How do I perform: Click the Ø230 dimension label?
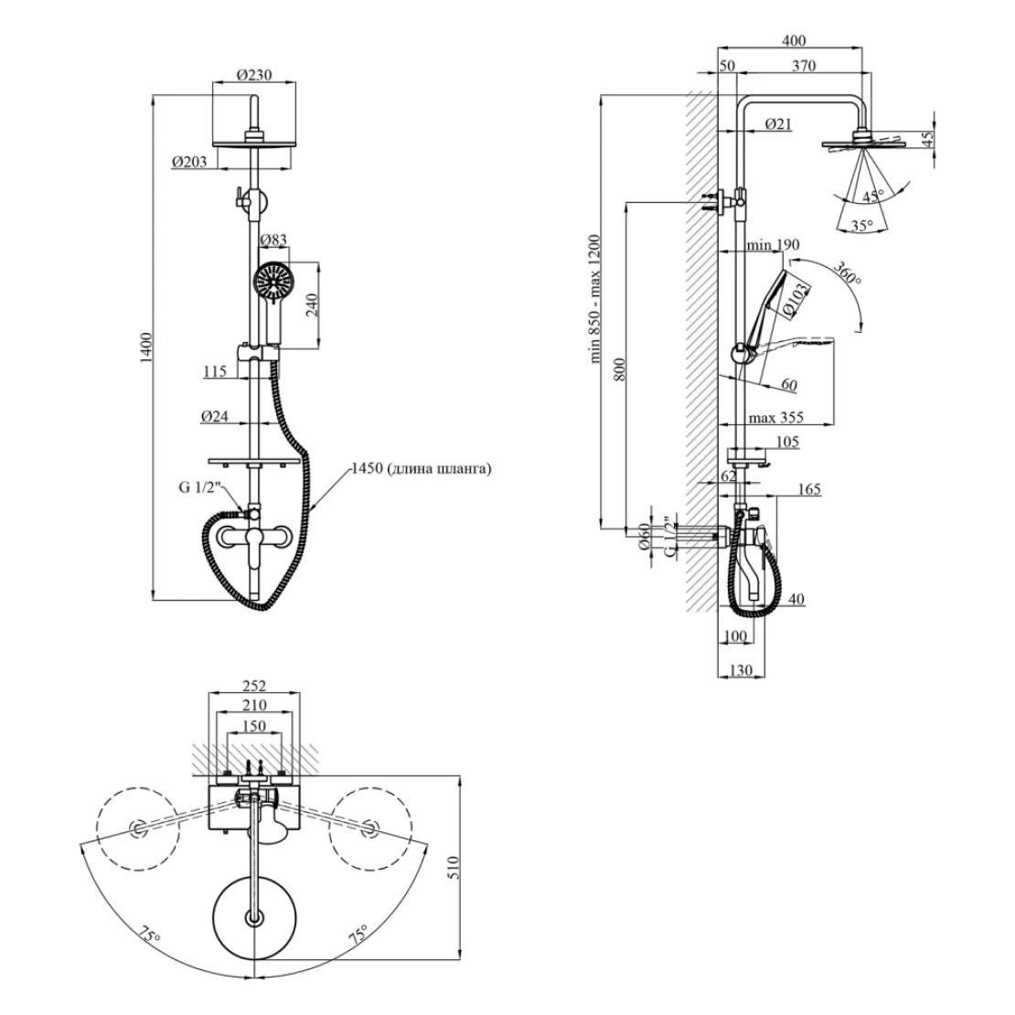tap(254, 75)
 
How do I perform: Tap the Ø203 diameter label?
tap(188, 162)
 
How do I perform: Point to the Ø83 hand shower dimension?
tap(273, 240)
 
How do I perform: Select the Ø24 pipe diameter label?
tap(216, 417)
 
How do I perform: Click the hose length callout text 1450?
tap(422, 469)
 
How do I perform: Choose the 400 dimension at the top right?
tap(795, 41)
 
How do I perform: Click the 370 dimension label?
tap(804, 66)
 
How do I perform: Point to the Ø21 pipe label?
tap(778, 123)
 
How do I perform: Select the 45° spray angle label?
tap(874, 196)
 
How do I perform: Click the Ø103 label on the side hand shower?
tap(796, 299)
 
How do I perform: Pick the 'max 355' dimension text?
tap(775, 418)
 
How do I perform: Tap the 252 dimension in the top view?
tap(253, 686)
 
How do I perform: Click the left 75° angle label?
tap(149, 935)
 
